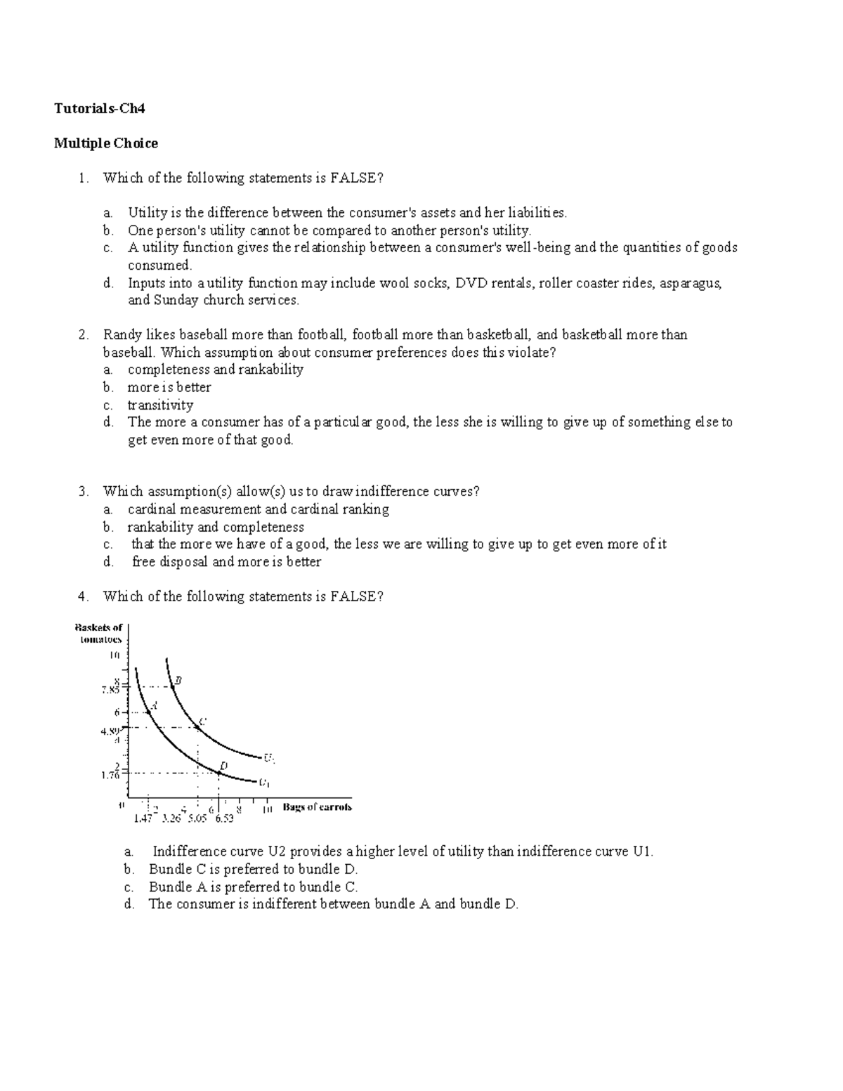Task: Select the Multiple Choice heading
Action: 106,143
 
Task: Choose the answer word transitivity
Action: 160,405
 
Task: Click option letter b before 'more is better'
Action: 107,387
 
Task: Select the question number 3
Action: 84,492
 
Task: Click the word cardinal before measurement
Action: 152,509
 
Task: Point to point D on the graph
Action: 218,773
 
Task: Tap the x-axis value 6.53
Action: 225,818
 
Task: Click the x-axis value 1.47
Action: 143,818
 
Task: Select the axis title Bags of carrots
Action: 317,807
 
